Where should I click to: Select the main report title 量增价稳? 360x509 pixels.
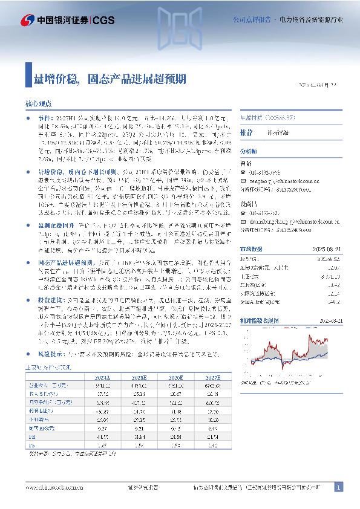54,79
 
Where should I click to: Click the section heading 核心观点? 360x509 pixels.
40,104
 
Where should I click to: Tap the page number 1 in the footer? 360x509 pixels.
338,488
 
